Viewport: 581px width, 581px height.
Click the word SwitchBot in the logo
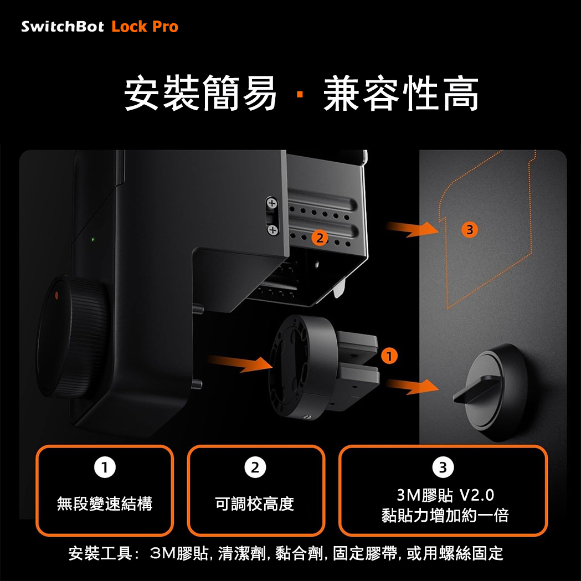click(x=62, y=27)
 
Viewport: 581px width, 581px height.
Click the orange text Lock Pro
click(x=145, y=27)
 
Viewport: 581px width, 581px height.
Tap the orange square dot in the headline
click(x=300, y=95)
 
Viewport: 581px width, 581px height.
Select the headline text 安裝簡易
click(x=200, y=93)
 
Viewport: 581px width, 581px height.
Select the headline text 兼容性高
click(x=401, y=93)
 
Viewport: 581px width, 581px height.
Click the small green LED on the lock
click(x=92, y=239)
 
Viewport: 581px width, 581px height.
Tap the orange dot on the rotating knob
click(x=56, y=295)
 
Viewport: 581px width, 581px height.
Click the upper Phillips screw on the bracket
click(x=272, y=203)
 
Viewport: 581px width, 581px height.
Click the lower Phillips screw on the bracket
click(x=272, y=230)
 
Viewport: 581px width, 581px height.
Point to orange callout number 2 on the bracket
click(x=320, y=238)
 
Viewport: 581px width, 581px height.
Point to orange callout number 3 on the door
click(x=470, y=230)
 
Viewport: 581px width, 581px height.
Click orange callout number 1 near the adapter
click(x=389, y=356)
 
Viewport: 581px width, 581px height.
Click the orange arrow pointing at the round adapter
click(x=240, y=363)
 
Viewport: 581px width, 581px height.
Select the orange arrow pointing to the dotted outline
click(x=412, y=229)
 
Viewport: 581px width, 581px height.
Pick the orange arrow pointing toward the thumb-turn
click(x=412, y=387)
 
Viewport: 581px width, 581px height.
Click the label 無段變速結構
click(x=105, y=503)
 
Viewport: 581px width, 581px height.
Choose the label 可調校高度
click(x=255, y=503)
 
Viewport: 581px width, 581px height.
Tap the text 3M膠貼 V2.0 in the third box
click(x=445, y=495)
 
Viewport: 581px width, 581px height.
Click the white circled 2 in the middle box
click(x=255, y=467)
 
